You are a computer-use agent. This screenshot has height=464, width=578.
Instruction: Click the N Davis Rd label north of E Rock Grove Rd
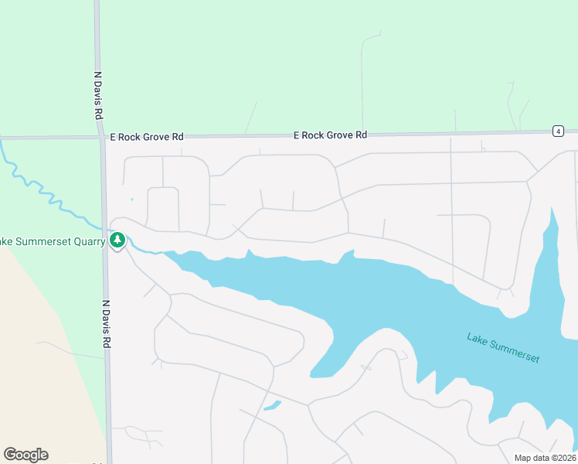coord(98,95)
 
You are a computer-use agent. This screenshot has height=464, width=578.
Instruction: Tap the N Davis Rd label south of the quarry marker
coord(107,324)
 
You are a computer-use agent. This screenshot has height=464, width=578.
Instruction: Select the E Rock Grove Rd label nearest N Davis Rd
coord(147,136)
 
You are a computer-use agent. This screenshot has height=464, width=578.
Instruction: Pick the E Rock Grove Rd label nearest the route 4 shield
coord(330,135)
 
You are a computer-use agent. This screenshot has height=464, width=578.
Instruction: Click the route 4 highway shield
coord(558,131)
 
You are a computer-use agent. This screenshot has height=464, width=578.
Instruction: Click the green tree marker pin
coord(117,241)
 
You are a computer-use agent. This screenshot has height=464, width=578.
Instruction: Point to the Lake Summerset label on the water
coord(503,348)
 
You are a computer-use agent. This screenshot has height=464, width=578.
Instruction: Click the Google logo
coord(25,455)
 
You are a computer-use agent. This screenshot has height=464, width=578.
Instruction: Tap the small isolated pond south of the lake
coord(271,404)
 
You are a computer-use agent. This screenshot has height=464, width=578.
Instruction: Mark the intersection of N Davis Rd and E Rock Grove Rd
coord(102,138)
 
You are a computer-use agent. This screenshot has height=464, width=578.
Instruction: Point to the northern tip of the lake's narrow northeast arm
coord(552,210)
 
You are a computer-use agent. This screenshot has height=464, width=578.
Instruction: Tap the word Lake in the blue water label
coord(478,339)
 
